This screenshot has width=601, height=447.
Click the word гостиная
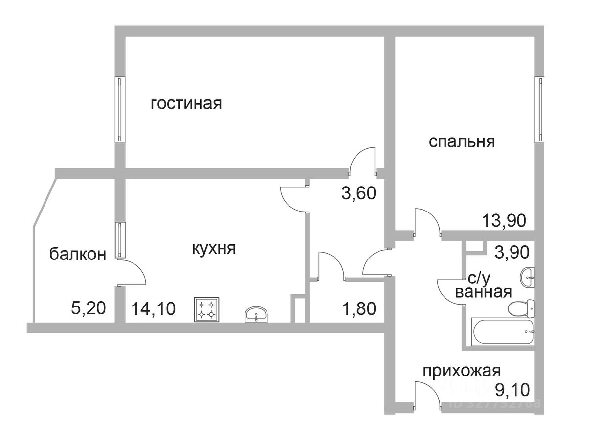(186, 104)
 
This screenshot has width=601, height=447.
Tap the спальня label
(462, 141)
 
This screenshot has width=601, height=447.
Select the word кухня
(213, 248)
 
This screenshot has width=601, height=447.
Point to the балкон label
(78, 254)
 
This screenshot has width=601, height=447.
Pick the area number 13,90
(504, 221)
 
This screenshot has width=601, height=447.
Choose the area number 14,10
(153, 309)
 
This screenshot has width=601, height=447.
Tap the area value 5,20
(88, 309)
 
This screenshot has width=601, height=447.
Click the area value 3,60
(358, 193)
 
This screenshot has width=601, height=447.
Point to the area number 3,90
(512, 253)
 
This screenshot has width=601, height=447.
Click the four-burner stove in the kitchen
(206, 309)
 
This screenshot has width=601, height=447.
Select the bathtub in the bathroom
(503, 332)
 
